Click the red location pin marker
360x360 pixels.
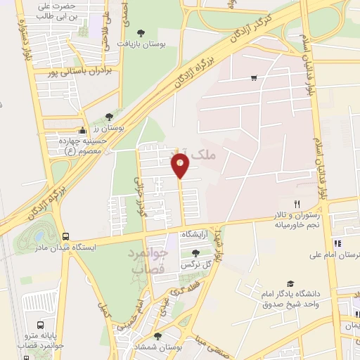181,167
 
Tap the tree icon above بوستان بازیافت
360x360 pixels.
141,32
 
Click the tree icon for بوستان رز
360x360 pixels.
108,117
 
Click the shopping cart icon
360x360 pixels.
254,78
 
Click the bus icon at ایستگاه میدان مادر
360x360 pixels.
65,237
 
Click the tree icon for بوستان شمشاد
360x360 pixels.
157,336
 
